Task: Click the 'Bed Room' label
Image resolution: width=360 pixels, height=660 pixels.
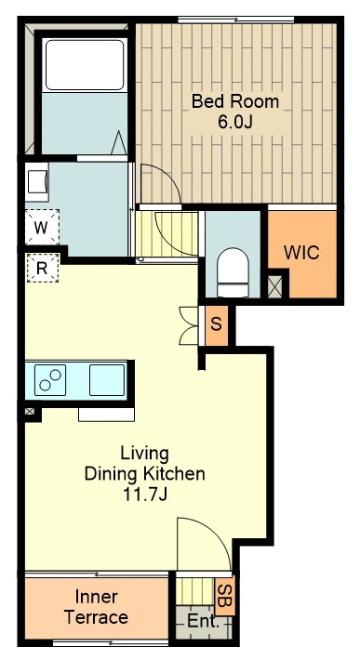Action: [x=235, y=101]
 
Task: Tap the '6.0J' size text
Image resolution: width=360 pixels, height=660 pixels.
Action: [x=235, y=122]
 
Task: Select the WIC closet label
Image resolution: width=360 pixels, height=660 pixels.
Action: [x=301, y=253]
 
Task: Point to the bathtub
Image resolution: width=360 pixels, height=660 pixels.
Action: [x=85, y=65]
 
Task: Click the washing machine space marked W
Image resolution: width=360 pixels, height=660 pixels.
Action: [x=41, y=228]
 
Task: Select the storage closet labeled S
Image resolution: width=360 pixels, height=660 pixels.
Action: [x=217, y=325]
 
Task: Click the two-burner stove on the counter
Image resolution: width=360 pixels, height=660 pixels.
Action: [x=50, y=380]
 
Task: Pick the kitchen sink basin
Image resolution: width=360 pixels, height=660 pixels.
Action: [x=107, y=380]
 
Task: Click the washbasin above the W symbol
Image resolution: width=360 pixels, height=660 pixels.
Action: [x=37, y=182]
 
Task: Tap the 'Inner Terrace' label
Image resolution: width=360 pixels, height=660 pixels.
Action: [x=96, y=607]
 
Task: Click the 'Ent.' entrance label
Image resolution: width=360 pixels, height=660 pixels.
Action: [x=203, y=621]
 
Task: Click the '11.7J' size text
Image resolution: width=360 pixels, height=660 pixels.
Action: [x=145, y=495]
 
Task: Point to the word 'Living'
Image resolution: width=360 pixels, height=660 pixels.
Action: [x=144, y=454]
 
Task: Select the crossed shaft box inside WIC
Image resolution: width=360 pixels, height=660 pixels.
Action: [x=274, y=287]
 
